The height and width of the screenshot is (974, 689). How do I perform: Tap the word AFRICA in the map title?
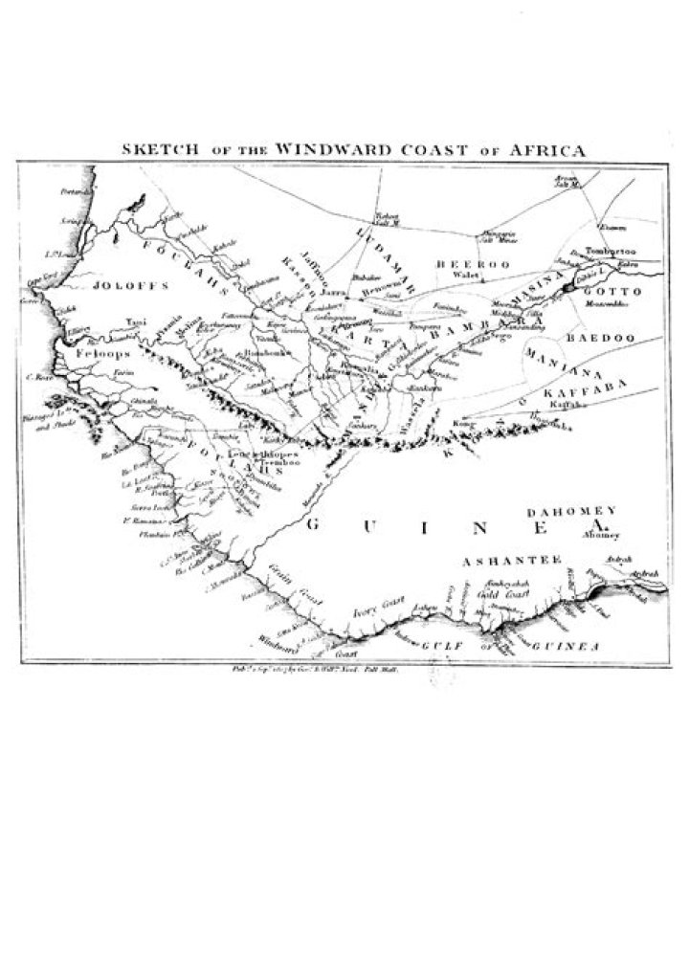point(545,150)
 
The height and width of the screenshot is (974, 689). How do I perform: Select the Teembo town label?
point(279,461)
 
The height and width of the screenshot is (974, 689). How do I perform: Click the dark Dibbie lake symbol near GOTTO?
point(571,285)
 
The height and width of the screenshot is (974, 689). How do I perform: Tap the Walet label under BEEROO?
point(465,275)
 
